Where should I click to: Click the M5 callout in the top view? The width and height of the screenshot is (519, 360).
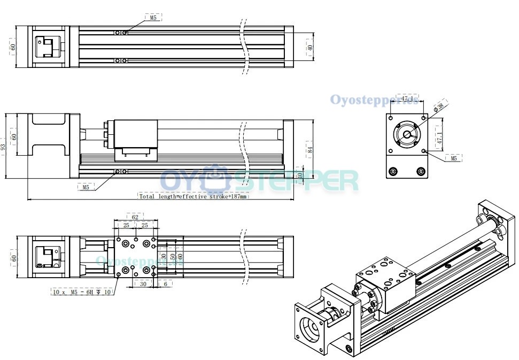coord(153,18)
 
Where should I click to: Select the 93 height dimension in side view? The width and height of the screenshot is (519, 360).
coord(4,146)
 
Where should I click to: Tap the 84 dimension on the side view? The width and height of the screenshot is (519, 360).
coord(309,149)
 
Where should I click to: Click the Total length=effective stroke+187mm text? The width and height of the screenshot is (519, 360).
coord(193,196)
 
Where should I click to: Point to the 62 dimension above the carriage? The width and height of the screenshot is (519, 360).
coord(135,217)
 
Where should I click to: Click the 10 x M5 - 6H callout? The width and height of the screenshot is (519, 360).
coord(82,292)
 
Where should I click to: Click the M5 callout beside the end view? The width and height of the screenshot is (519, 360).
coord(453,158)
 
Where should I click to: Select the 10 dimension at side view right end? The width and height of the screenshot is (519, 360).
coord(300,174)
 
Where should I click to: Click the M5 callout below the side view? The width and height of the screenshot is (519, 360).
coord(86,187)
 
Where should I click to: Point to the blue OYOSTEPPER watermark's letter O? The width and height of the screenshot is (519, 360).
coord(172,181)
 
